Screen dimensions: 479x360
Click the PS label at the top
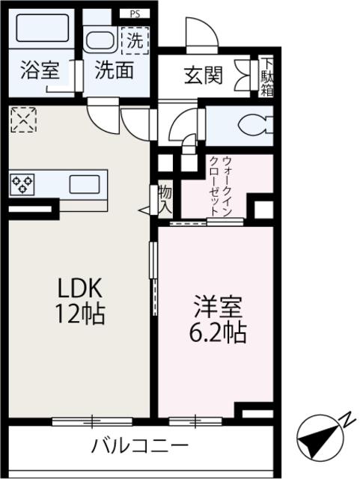click(135, 13)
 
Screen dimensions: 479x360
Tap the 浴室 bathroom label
click(39, 73)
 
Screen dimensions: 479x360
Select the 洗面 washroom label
click(114, 73)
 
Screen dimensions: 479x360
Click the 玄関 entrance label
click(203, 76)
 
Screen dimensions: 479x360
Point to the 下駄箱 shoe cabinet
click(267, 76)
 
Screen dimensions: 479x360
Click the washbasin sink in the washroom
click(99, 40)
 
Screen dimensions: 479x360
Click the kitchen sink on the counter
click(88, 183)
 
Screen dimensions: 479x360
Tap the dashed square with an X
click(23, 119)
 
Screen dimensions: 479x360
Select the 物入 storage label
click(165, 201)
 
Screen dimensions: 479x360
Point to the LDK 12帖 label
click(79, 301)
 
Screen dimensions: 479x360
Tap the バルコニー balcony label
click(139, 448)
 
